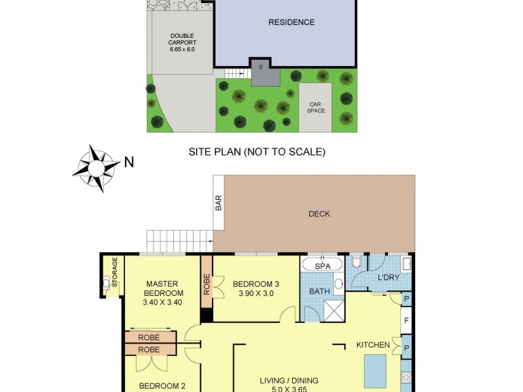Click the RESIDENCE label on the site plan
292,22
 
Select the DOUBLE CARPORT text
183,42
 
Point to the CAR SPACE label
316,106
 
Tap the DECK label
319,214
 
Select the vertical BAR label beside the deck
218,204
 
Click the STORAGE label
114,272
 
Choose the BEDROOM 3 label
256,284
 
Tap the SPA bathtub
321,265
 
